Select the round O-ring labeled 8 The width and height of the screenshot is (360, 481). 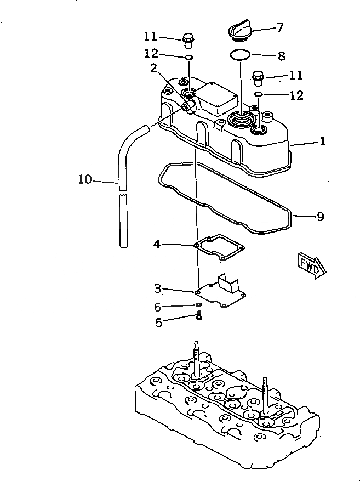point(239,55)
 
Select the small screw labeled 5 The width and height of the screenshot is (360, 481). point(199,316)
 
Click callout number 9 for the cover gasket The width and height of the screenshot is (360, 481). point(320,217)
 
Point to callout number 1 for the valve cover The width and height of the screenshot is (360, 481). point(323,142)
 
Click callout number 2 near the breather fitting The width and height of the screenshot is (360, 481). point(154,68)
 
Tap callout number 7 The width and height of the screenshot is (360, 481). point(279,26)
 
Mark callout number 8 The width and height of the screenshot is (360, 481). point(282,55)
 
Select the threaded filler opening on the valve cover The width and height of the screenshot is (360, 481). point(240,117)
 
